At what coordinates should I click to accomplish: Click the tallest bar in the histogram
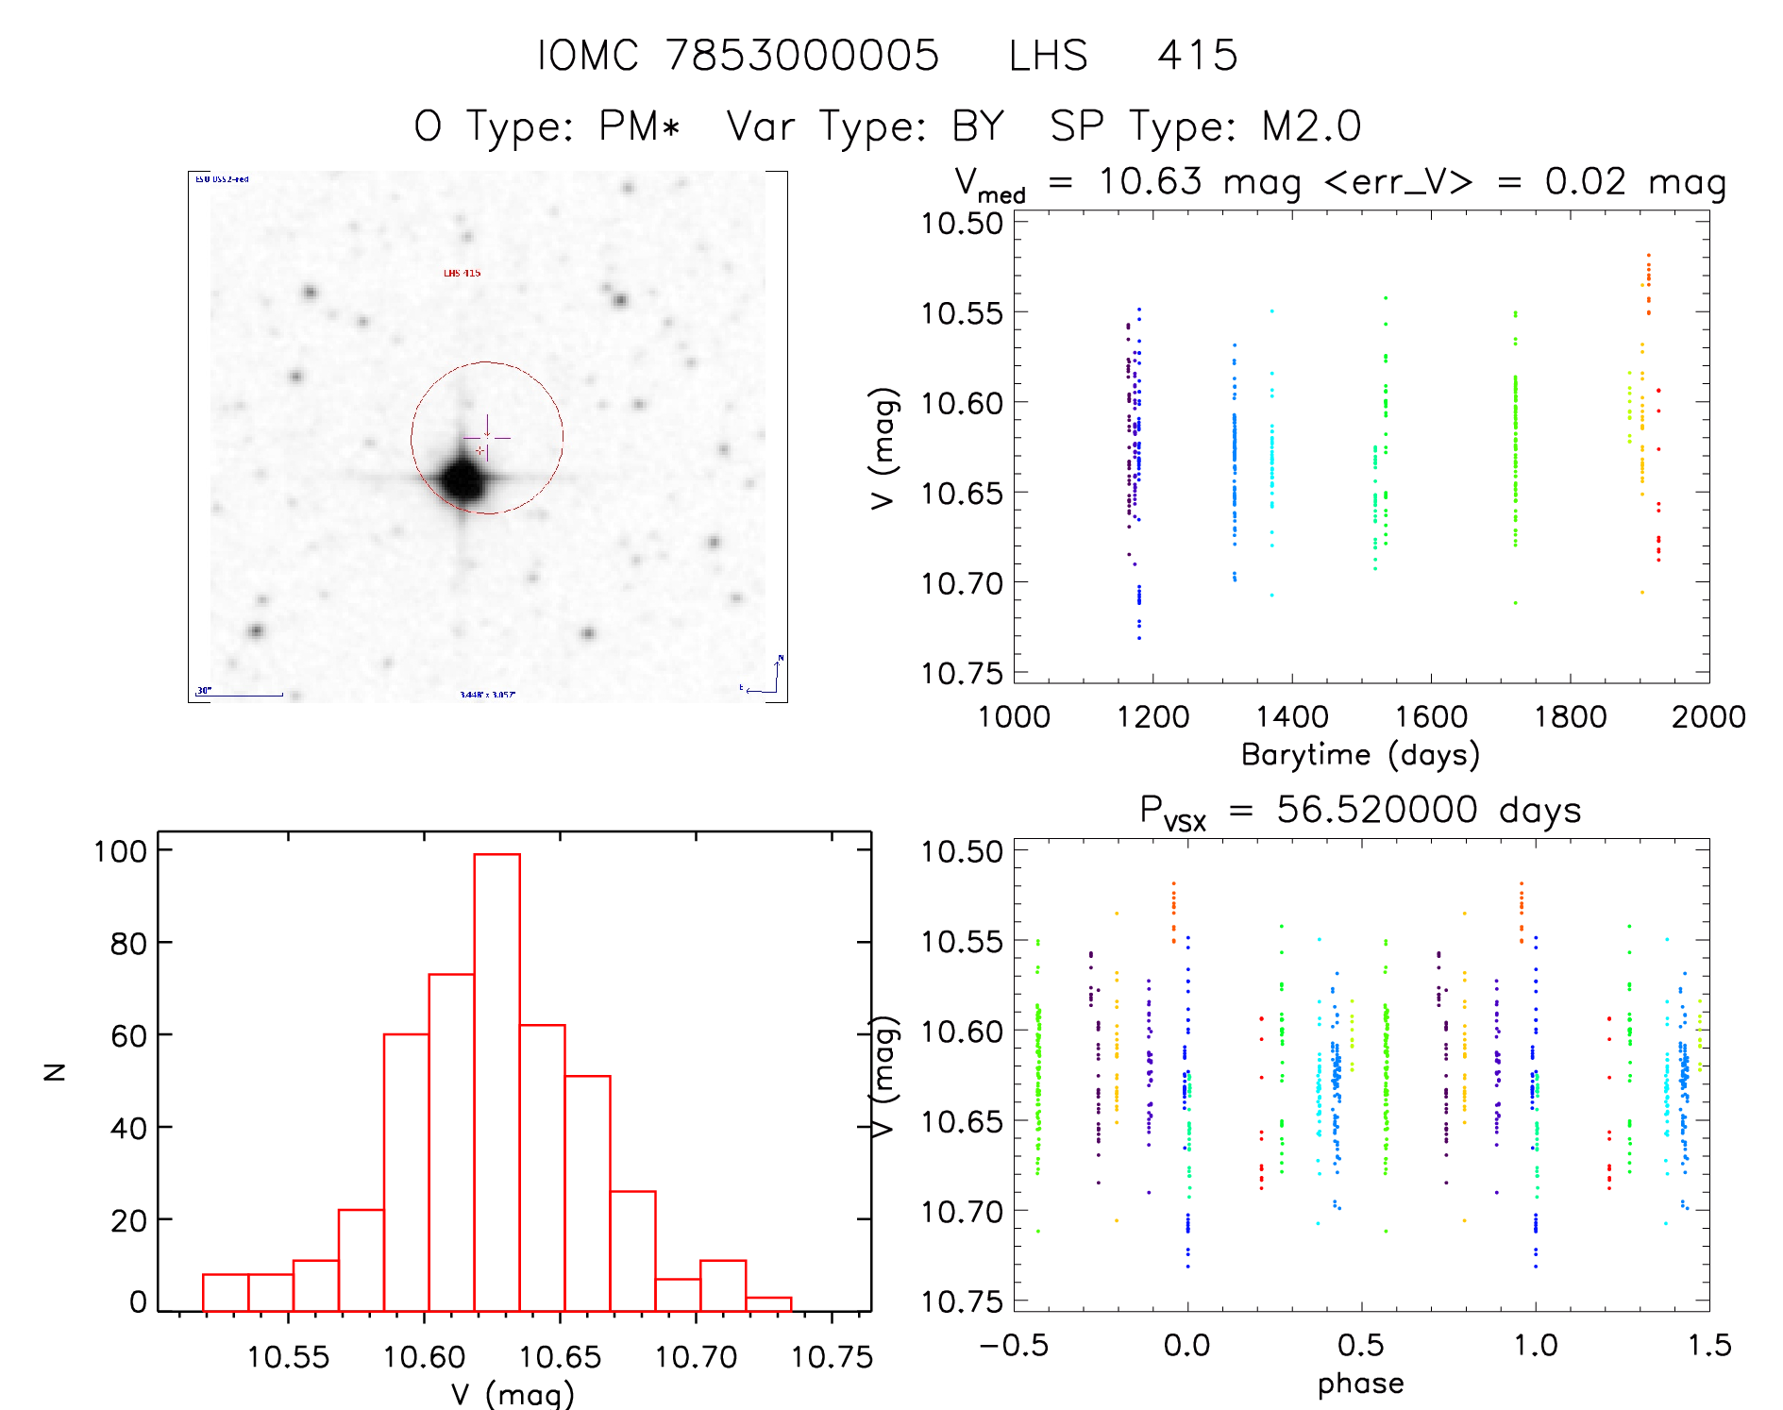496,1082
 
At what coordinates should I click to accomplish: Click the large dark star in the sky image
463,479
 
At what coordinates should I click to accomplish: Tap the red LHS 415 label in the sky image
462,273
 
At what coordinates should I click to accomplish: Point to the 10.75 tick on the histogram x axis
832,1356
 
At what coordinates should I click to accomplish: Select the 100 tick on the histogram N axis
121,850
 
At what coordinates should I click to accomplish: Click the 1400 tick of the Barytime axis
1291,716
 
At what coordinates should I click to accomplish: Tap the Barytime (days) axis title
1360,754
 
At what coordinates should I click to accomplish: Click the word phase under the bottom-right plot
1360,1383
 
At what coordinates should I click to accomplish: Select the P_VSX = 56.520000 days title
1360,811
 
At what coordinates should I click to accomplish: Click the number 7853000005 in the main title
802,55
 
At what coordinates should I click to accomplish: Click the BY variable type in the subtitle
978,126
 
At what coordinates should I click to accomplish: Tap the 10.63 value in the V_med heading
1150,181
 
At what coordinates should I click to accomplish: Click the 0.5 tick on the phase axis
1360,1345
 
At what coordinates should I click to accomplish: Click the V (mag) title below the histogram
513,1393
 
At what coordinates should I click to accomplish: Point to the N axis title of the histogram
56,1071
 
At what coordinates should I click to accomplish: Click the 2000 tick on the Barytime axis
1707,716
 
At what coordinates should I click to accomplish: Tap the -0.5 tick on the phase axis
1014,1345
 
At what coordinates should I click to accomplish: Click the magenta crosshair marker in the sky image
486,438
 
